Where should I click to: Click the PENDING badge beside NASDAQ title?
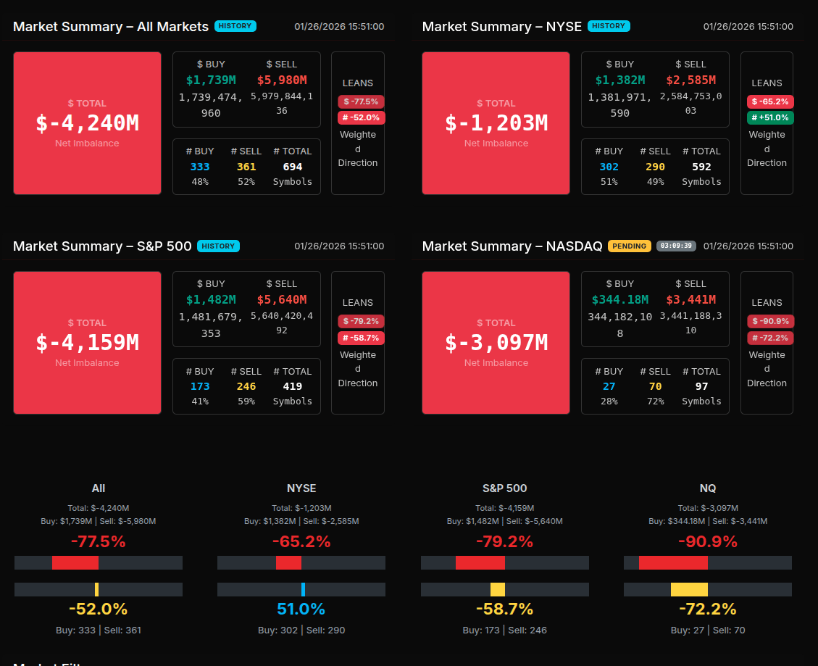(629, 246)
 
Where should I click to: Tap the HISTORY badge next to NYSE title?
(609, 26)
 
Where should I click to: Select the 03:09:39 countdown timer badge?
(676, 246)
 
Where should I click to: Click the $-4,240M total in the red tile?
(87, 123)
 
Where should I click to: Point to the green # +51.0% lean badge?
(770, 117)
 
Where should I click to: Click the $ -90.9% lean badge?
(770, 321)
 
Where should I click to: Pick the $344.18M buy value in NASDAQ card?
(619, 299)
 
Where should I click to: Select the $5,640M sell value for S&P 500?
(282, 299)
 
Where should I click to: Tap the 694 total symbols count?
(293, 167)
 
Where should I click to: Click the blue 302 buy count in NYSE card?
(609, 167)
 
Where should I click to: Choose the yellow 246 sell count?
(246, 386)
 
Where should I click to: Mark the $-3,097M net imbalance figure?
(496, 343)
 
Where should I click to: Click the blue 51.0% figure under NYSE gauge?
(301, 609)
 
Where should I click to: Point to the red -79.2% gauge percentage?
(504, 541)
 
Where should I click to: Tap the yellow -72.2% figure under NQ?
(707, 609)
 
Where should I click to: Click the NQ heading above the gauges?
(707, 488)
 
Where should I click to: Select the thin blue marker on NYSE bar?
(303, 589)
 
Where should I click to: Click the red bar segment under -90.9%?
(673, 562)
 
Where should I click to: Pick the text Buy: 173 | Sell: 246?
(504, 630)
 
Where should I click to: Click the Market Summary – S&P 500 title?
(102, 246)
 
